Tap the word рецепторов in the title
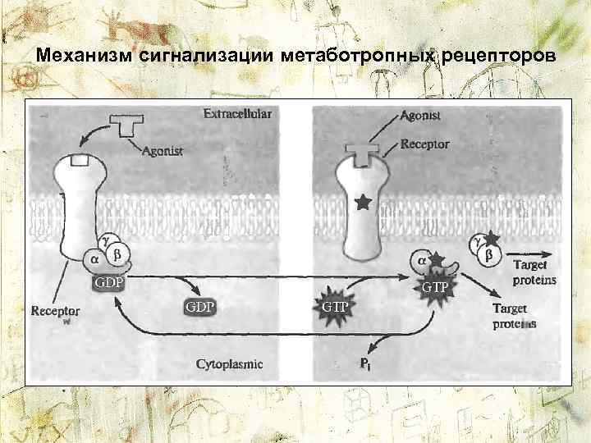501,57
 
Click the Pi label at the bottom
365,363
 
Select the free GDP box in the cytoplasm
199,307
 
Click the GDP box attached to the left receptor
107,283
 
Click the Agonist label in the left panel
163,150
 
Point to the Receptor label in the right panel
425,144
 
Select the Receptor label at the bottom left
55,312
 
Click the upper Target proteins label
534,272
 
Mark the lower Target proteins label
515,316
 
